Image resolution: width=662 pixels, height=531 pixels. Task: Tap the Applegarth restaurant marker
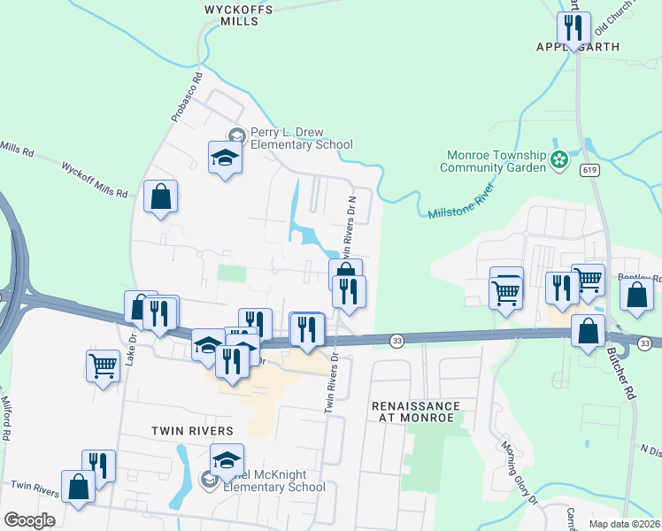pyautogui.click(x=574, y=28)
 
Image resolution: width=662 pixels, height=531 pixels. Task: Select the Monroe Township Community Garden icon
pyautogui.click(x=559, y=160)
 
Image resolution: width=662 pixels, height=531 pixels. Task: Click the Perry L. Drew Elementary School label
pyautogui.click(x=301, y=138)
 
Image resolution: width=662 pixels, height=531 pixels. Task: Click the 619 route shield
pyautogui.click(x=589, y=169)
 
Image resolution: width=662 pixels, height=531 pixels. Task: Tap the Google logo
pyautogui.click(x=29, y=520)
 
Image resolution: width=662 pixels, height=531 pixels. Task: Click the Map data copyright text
pyautogui.click(x=624, y=524)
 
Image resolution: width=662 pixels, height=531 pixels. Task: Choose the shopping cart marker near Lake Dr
pyautogui.click(x=104, y=365)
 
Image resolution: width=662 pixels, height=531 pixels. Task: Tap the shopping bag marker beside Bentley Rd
pyautogui.click(x=636, y=295)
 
